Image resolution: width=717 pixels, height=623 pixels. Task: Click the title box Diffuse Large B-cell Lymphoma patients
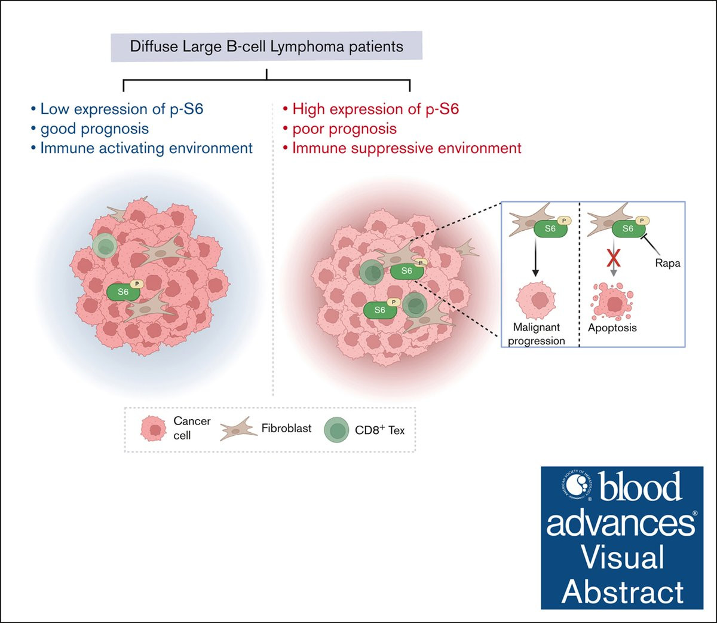click(266, 47)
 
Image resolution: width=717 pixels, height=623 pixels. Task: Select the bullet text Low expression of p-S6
click(121, 109)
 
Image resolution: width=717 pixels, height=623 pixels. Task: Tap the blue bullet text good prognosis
click(94, 129)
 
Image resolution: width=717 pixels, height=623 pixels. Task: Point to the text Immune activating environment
click(146, 148)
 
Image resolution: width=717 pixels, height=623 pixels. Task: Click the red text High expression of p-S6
click(375, 109)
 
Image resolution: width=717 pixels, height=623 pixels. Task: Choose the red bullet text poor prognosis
click(344, 129)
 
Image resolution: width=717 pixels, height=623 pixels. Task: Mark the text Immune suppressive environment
click(406, 148)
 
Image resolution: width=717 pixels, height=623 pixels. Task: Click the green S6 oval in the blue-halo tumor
click(123, 292)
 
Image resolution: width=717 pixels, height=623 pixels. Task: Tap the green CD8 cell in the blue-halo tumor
click(105, 246)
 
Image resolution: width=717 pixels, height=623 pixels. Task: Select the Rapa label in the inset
click(667, 263)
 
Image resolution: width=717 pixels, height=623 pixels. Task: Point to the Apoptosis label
click(612, 328)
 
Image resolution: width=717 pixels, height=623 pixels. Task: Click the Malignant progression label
click(537, 334)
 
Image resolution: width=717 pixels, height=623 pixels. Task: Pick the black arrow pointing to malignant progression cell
click(535, 258)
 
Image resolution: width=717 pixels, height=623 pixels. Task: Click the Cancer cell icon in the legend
click(154, 429)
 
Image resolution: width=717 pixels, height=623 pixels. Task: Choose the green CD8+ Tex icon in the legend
click(336, 430)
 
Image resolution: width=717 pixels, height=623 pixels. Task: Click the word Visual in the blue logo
click(622, 557)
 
